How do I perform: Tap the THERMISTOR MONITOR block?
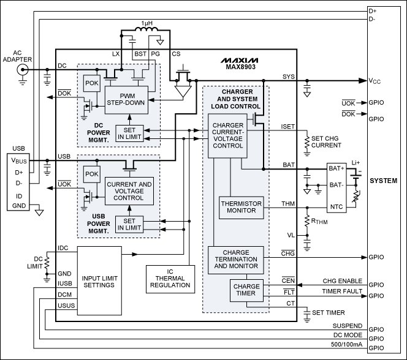click(x=240, y=207)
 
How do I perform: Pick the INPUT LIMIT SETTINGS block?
click(x=99, y=281)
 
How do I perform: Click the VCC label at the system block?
click(x=376, y=80)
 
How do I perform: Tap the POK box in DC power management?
click(x=93, y=81)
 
